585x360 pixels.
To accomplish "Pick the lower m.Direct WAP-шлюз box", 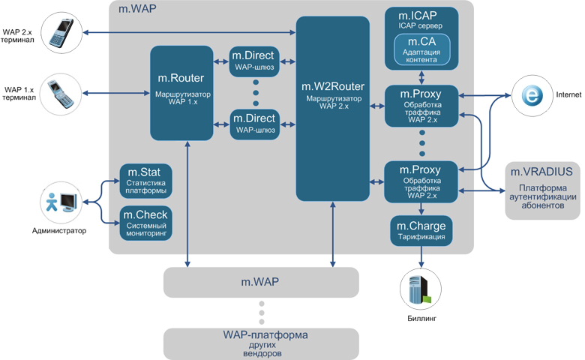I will tap(255, 124).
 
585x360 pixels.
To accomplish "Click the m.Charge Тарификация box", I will tap(421, 230).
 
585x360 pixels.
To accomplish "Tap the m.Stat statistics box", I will tap(147, 180).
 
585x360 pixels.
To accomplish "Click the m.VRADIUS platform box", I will tap(541, 191).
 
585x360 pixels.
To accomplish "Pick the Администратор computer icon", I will tap(60, 202).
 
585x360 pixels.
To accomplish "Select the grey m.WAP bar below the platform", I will tap(261, 282).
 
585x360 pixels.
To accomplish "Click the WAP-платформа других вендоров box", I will tap(261, 343).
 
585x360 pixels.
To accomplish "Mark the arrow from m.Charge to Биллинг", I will tap(421, 256).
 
